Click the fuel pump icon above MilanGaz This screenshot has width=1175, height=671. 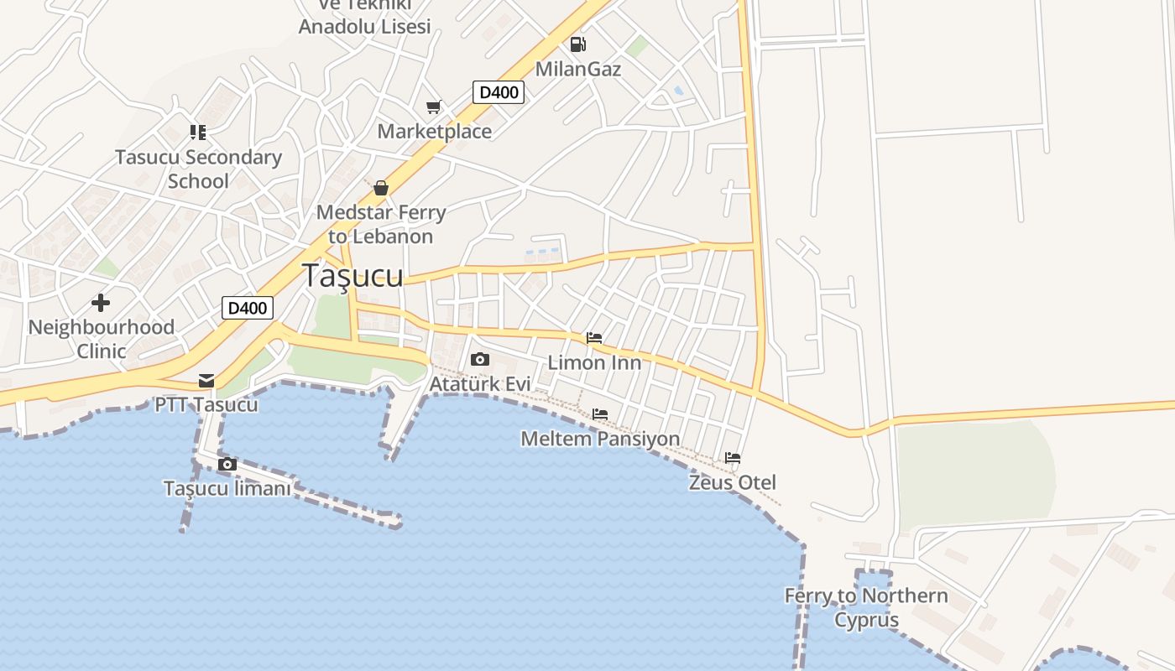click(x=577, y=44)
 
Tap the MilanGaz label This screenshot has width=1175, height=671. click(x=578, y=69)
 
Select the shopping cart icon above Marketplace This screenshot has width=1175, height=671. click(x=434, y=107)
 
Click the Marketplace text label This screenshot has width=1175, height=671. click(x=434, y=132)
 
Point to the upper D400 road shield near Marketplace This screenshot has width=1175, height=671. click(x=499, y=92)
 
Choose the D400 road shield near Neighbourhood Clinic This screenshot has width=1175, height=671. click(x=248, y=308)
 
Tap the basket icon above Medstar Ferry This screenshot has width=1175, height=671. click(x=381, y=187)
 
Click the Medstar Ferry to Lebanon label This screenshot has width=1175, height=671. click(x=380, y=224)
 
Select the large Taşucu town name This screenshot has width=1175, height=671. click(x=352, y=276)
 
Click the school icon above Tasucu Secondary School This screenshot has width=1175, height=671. click(x=198, y=132)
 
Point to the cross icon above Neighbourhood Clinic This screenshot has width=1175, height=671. click(x=101, y=302)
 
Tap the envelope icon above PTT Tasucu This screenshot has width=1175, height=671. click(x=206, y=381)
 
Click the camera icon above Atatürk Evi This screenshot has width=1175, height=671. click(x=480, y=360)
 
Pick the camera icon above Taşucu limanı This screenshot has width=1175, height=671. click(x=227, y=464)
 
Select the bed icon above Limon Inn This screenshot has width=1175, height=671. click(x=594, y=338)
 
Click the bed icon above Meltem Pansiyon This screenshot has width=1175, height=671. click(x=599, y=414)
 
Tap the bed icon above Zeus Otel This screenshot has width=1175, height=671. click(x=733, y=458)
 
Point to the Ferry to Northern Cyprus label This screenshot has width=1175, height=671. click(x=866, y=608)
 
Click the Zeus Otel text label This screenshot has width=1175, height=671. click(x=732, y=483)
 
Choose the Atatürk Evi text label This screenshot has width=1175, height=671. click(x=480, y=384)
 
